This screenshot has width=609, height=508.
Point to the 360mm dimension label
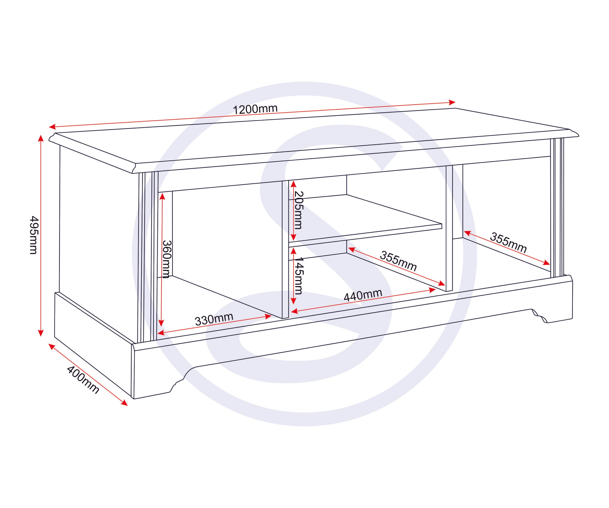click(167, 259)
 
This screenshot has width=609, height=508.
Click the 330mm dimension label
click(214, 319)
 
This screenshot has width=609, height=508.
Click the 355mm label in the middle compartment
click(398, 261)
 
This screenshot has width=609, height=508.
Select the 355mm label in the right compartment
click(508, 243)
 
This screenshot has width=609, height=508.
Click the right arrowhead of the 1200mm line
click(452, 102)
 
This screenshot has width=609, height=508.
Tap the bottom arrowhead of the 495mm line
click(41, 333)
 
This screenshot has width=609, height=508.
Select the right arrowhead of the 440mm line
click(432, 290)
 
